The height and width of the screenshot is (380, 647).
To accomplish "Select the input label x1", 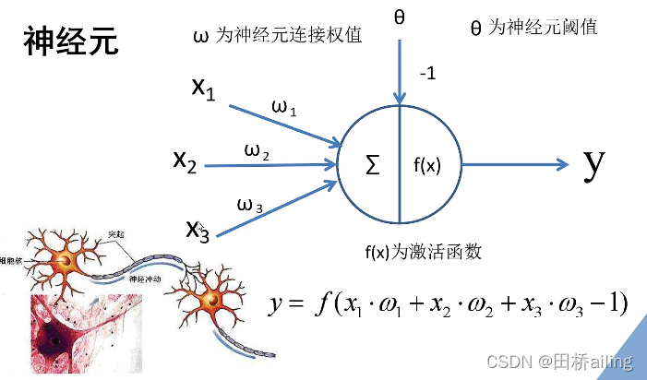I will (x=203, y=89).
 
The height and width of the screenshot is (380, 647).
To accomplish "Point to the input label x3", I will (x=198, y=228).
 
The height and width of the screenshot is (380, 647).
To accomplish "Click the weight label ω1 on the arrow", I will (x=283, y=109).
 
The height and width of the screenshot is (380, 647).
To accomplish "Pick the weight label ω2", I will (x=257, y=151).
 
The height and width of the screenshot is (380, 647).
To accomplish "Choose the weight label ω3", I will (x=250, y=206).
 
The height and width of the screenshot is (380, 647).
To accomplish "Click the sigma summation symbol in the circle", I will (x=373, y=166).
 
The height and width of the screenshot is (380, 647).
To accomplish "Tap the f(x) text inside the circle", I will (x=426, y=166).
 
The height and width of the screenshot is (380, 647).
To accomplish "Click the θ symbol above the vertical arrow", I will (x=400, y=18).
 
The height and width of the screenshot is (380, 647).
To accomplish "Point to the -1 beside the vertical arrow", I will (x=426, y=75).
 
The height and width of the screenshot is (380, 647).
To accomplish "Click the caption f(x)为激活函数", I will (x=424, y=251).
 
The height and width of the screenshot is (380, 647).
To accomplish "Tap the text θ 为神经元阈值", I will (x=533, y=28).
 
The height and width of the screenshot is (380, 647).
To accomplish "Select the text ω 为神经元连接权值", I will (x=277, y=36).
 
